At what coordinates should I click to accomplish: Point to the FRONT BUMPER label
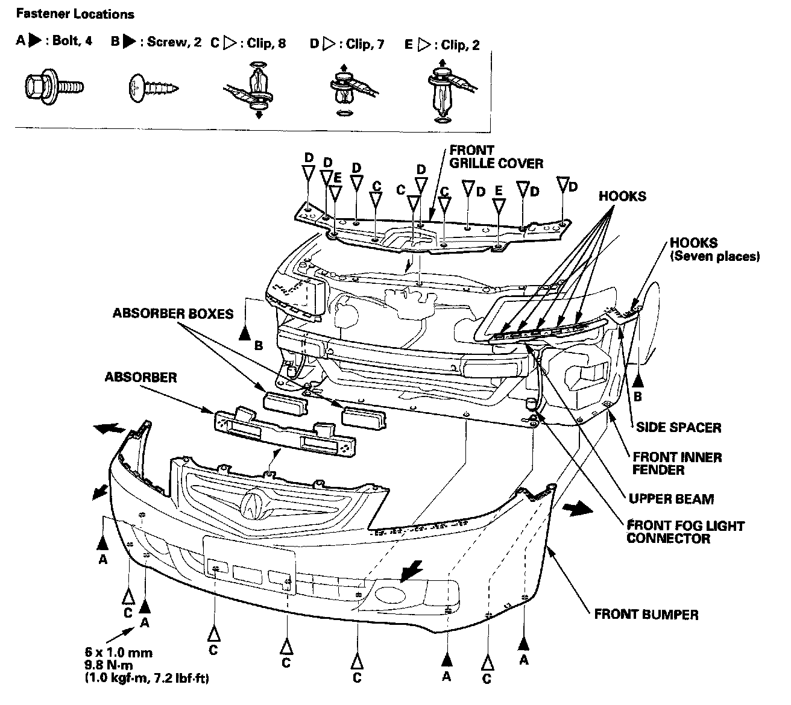[646, 615]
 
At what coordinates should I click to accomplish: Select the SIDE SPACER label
[678, 427]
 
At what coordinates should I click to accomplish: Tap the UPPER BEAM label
[671, 499]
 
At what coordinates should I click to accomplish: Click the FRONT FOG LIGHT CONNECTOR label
[685, 531]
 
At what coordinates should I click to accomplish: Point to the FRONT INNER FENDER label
[676, 463]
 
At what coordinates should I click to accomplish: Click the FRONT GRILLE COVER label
[496, 156]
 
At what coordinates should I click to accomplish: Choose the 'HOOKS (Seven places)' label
[714, 249]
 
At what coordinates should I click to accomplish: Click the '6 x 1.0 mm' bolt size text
[118, 653]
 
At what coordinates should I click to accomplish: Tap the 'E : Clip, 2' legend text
[442, 45]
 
